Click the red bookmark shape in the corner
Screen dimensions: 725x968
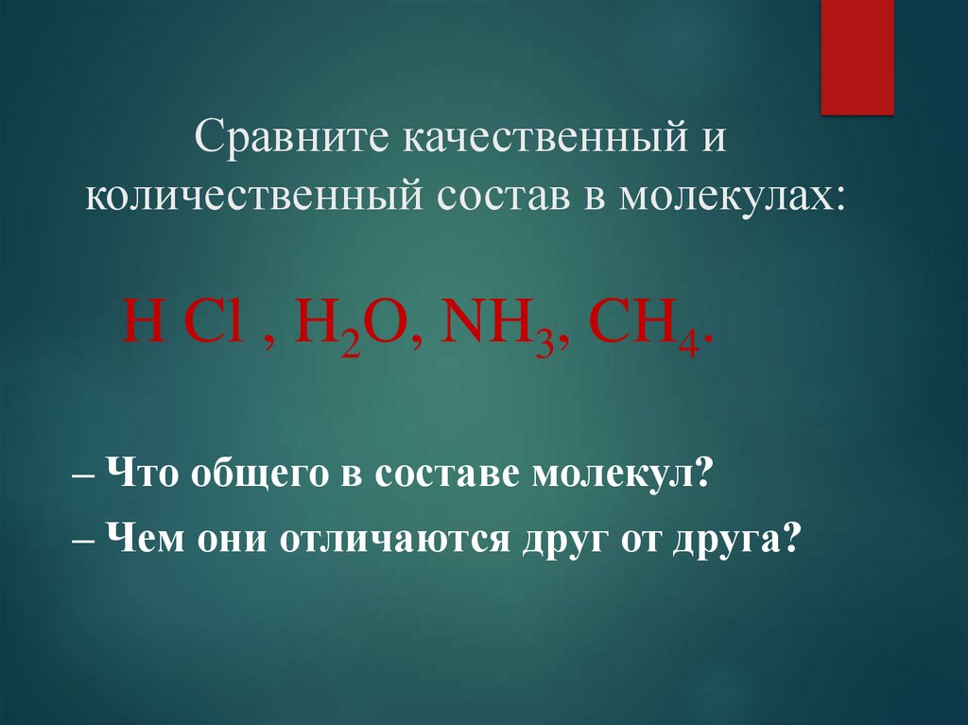[856, 57]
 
